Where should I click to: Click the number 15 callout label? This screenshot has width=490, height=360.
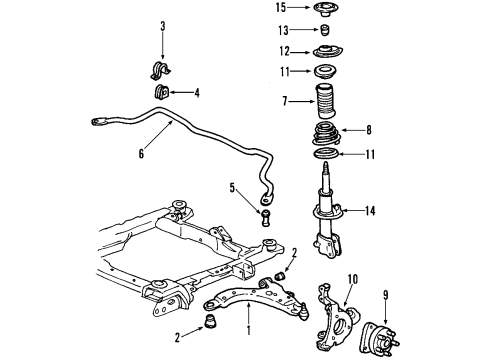[281, 8]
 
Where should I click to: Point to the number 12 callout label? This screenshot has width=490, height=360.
[285, 51]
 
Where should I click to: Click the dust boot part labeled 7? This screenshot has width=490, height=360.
[327, 103]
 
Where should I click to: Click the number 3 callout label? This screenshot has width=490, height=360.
[163, 26]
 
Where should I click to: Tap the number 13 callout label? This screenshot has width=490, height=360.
[283, 29]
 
